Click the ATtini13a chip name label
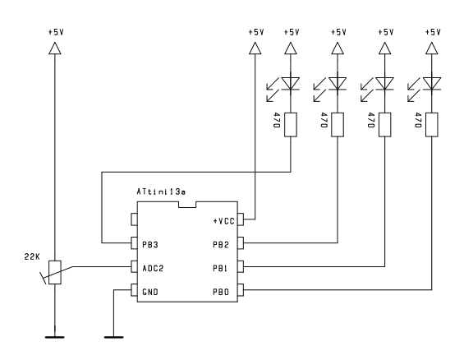[x=161, y=192]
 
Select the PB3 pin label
[x=150, y=245]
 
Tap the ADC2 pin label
[x=153, y=268]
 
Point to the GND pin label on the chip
[x=150, y=292]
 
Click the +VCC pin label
[x=223, y=221]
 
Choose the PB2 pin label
[x=221, y=245]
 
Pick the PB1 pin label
[x=220, y=268]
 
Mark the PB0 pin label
[x=221, y=292]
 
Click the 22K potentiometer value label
[x=32, y=256]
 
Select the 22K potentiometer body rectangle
[x=55, y=272]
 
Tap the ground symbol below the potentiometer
[x=55, y=337]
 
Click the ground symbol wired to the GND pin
[x=114, y=337]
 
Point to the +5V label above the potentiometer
[x=56, y=32]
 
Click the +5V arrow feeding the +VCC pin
[x=255, y=48]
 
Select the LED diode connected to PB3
[x=290, y=84]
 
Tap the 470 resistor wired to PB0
[x=432, y=125]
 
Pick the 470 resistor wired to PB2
[x=338, y=125]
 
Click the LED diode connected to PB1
[x=384, y=84]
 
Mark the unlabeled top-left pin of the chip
[x=134, y=219]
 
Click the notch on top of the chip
[x=187, y=205]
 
